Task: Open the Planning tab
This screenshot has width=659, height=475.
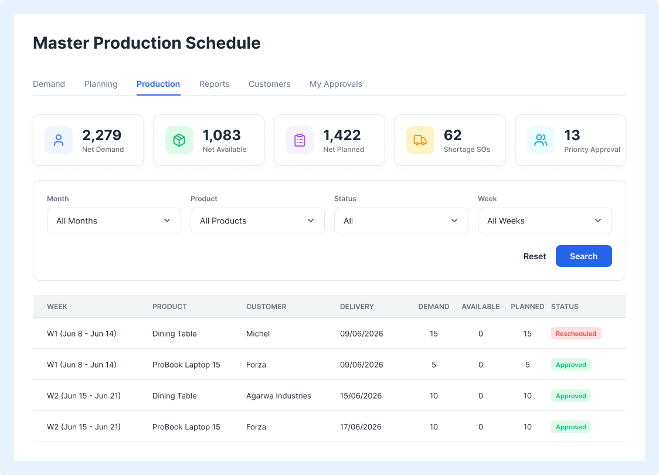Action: pos(101,84)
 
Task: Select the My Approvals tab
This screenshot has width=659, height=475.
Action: pos(336,84)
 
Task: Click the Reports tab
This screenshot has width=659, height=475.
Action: pos(215,84)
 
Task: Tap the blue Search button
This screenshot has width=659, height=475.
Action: pos(583,256)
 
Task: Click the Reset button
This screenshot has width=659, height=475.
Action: pos(535,256)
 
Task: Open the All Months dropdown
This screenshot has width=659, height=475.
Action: pos(114,220)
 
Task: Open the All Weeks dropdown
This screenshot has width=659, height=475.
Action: pos(545,220)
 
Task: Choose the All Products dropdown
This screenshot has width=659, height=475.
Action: pos(257,220)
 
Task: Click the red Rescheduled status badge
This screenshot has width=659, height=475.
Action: pos(576,334)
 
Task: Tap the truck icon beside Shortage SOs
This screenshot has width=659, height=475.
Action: pos(420,140)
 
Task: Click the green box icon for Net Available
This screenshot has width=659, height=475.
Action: pos(179,140)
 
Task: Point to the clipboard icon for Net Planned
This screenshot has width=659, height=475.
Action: pos(300,140)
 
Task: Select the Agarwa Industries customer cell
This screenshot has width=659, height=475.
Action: pos(278,396)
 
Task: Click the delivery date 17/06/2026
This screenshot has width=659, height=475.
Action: pos(361,427)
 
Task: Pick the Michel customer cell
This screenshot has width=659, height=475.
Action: pos(258,334)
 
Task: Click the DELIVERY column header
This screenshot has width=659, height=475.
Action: pos(357,307)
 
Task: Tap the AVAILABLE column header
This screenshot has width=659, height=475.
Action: pos(480,307)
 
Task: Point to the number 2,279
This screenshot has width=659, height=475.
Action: pos(101,135)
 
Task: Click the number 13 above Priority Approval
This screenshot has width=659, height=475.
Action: pos(572,135)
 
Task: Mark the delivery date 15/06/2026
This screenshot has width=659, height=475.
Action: pos(361,396)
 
